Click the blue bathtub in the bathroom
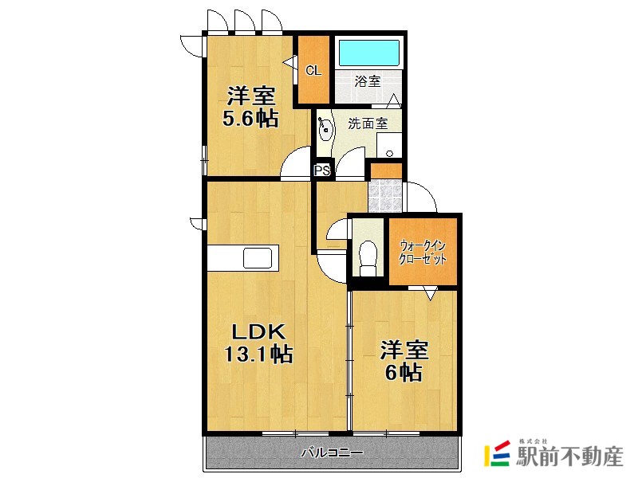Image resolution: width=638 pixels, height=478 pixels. pos(368,53)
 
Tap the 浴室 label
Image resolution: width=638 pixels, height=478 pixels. pos(368,81)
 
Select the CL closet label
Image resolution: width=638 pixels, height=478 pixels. pos(313,71)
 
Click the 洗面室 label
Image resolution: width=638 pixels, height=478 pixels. pos(368,123)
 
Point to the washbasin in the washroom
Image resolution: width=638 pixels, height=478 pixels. pos(325,129)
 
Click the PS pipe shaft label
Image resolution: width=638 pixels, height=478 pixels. pos(322,170)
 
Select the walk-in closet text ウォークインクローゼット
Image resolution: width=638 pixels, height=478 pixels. pos(423,253)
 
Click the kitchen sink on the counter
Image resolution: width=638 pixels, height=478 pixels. pos(258,257)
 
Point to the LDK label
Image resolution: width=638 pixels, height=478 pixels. pos(258,332)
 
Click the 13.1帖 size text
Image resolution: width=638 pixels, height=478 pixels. pos(258,354)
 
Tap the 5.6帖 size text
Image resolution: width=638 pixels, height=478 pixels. pos(250,119)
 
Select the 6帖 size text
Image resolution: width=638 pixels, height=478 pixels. pos(404,372)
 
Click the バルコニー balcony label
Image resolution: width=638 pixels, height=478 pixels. pos(332,453)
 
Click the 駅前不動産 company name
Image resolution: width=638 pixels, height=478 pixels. pos(569,456)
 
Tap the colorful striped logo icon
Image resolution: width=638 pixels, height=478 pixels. pos(497,453)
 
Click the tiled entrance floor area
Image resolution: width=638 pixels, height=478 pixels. pos(385,196)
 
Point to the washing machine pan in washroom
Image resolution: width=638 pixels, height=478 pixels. pos(389,145)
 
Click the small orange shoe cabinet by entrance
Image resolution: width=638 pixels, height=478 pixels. pos(386,170)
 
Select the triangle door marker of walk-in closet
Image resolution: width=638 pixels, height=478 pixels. pos(430,293)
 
